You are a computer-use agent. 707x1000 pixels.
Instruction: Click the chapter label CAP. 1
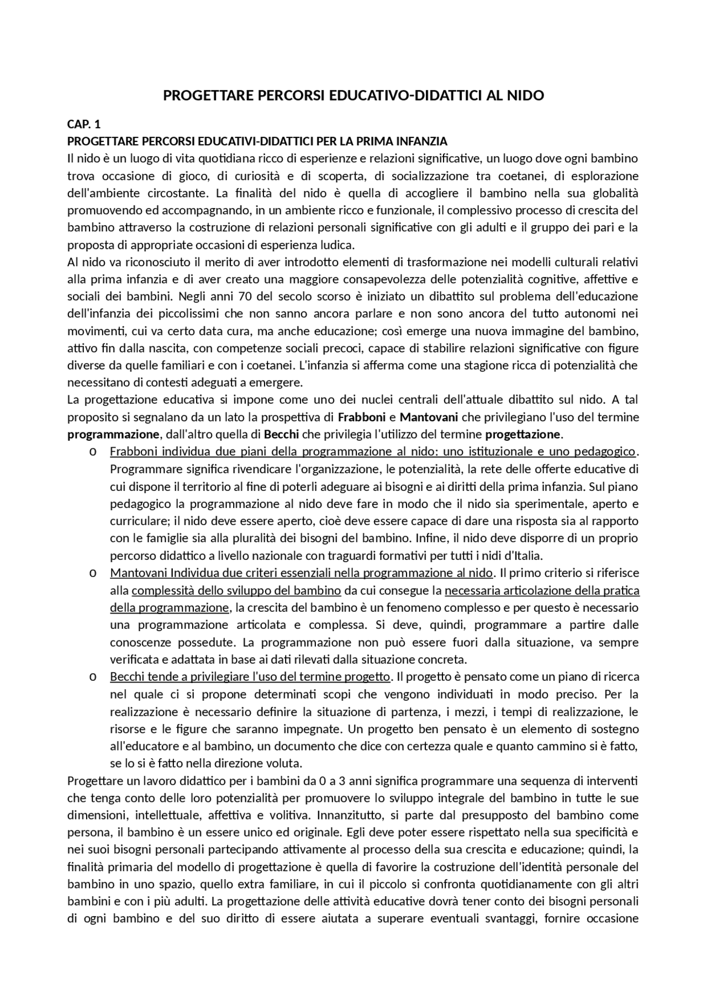[84, 124]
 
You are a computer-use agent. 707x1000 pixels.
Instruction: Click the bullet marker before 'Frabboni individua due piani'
[92, 452]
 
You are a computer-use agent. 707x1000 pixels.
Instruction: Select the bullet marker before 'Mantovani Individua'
[92, 573]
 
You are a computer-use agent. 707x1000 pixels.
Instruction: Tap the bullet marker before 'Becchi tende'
[92, 677]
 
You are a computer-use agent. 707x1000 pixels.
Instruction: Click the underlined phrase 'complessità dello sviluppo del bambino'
[236, 591]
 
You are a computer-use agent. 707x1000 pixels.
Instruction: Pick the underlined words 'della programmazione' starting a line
[169, 608]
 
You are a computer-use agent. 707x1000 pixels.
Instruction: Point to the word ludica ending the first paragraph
[337, 245]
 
